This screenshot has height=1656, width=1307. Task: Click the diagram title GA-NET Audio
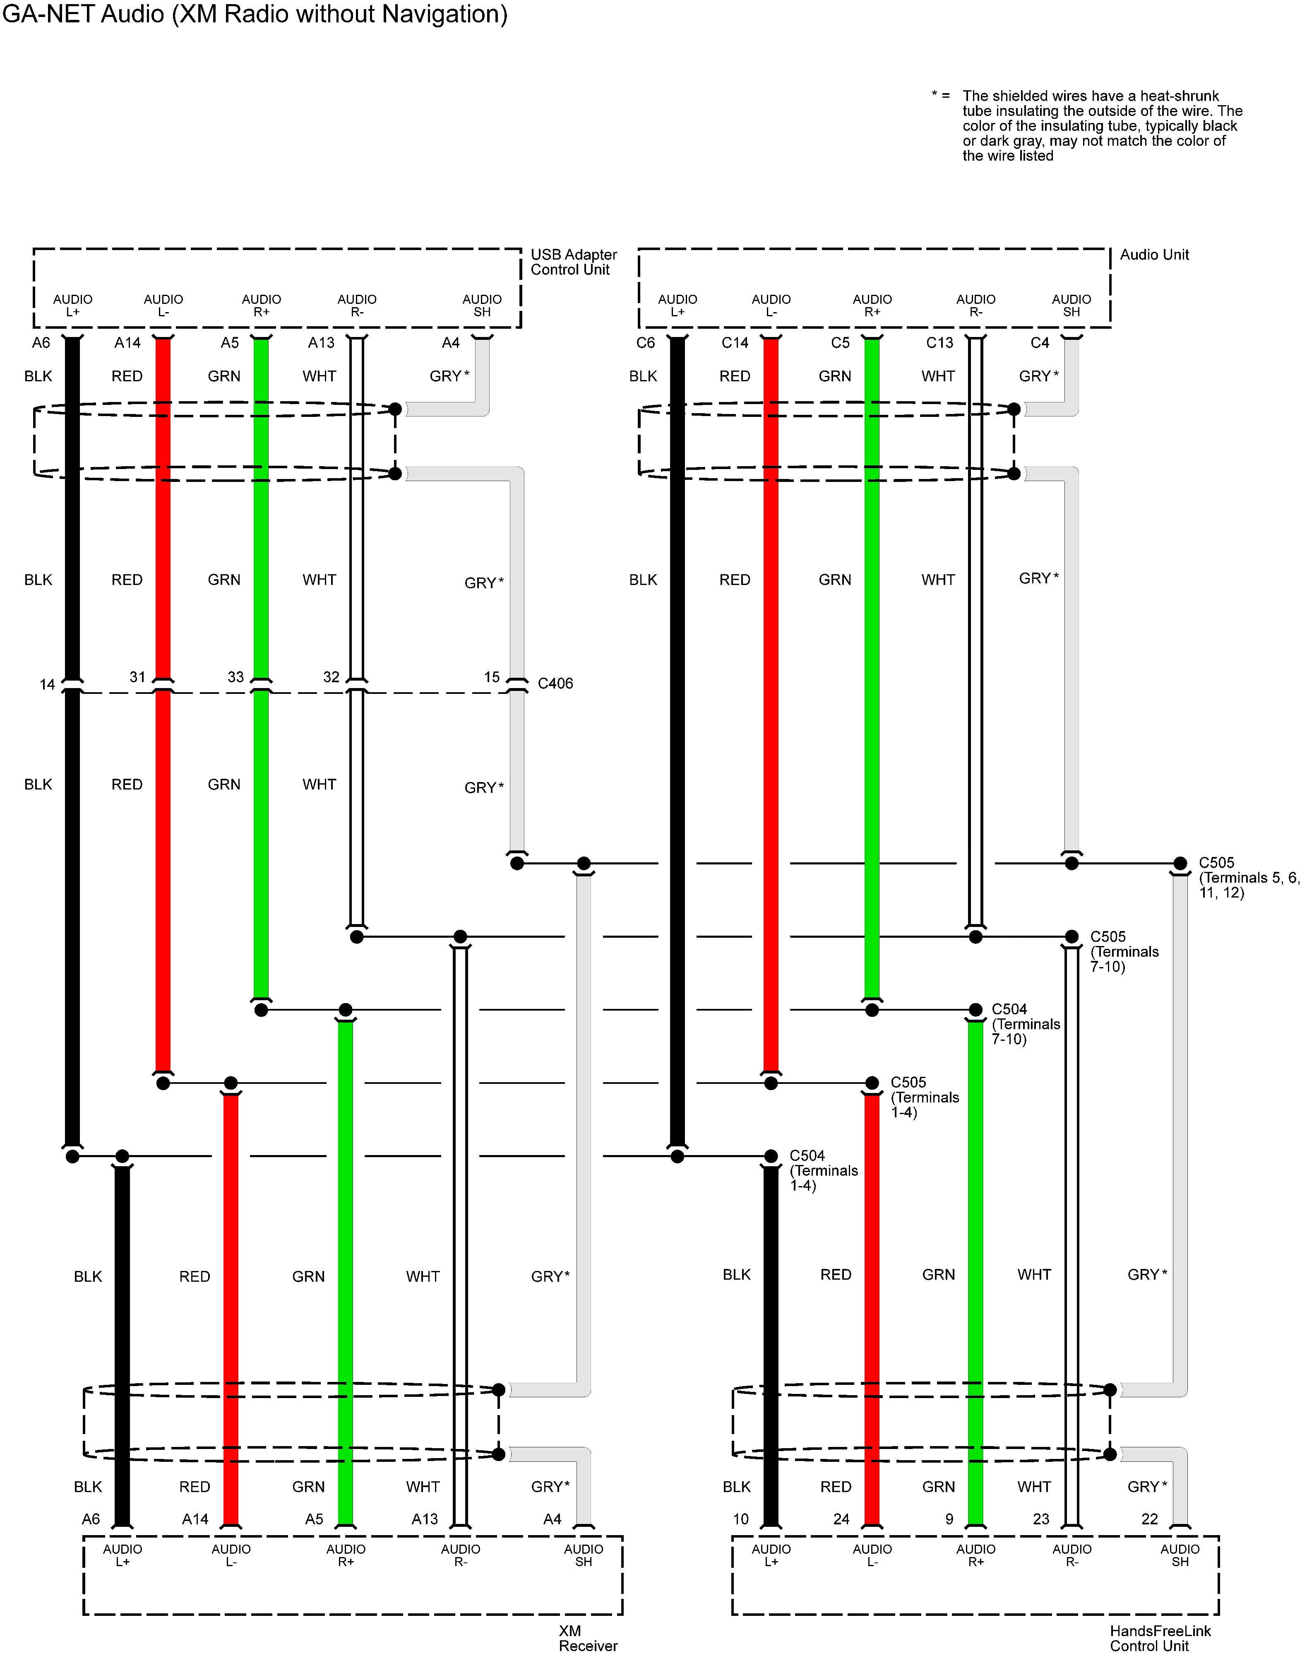click(255, 14)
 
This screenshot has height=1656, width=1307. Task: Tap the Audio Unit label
click(1154, 255)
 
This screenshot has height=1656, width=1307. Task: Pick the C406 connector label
click(555, 684)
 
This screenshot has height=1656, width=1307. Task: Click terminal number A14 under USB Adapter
click(128, 343)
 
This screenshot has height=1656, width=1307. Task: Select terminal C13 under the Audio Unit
click(940, 343)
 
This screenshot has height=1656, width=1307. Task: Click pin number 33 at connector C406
click(235, 677)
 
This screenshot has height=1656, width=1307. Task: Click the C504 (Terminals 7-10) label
click(1026, 1024)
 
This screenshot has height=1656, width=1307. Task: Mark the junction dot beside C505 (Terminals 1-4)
click(872, 1083)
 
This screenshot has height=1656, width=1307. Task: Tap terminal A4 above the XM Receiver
click(553, 1519)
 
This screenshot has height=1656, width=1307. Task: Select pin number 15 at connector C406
click(492, 677)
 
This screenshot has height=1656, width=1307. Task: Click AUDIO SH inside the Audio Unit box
click(1072, 306)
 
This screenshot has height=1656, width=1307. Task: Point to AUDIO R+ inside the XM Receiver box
click(346, 1555)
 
